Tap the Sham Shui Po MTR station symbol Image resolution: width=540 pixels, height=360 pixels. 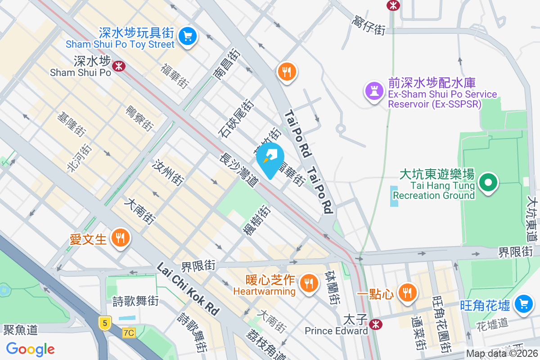[119, 66]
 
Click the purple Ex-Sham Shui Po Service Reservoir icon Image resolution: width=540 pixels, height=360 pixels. [374, 91]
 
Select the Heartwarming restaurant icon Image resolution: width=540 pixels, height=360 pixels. [308, 283]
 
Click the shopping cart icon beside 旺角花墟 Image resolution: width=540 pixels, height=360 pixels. [523, 303]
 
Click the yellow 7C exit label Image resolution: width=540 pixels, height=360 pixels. [129, 333]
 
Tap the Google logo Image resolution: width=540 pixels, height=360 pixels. [31, 349]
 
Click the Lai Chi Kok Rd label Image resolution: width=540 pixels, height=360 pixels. [188, 288]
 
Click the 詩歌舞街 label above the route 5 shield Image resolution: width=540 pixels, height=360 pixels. [135, 301]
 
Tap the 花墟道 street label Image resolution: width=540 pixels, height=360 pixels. [492, 323]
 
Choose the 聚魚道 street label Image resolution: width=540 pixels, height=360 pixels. [20, 330]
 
